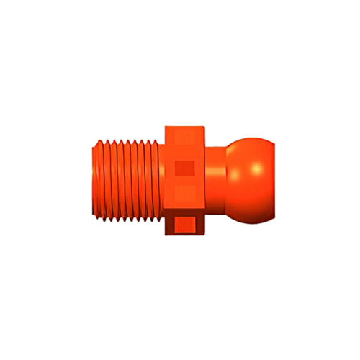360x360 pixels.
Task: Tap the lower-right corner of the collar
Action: point(206,233)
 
